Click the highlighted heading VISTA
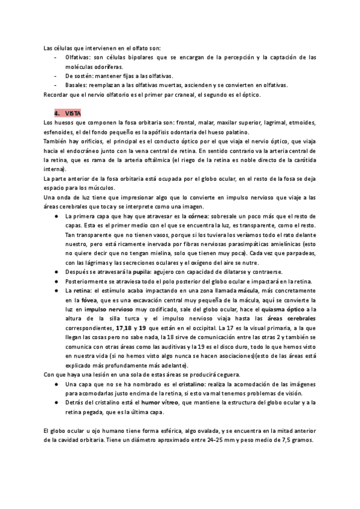(x=72, y=113)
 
